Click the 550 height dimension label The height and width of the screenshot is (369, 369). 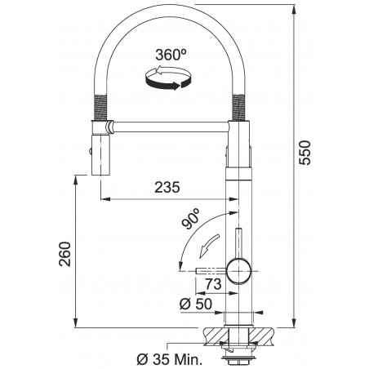pyautogui.click(x=305, y=153)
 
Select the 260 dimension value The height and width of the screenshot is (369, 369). pyautogui.click(x=65, y=254)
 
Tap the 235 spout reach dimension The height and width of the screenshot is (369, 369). pyautogui.click(x=167, y=187)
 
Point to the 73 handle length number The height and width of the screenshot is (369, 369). pyautogui.click(x=214, y=284)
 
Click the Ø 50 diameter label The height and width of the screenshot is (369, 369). pyautogui.click(x=196, y=304)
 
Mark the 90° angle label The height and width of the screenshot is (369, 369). pyautogui.click(x=192, y=220)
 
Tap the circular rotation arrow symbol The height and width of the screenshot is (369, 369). pyautogui.click(x=169, y=78)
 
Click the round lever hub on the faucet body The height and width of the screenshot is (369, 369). pyautogui.click(x=238, y=271)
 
